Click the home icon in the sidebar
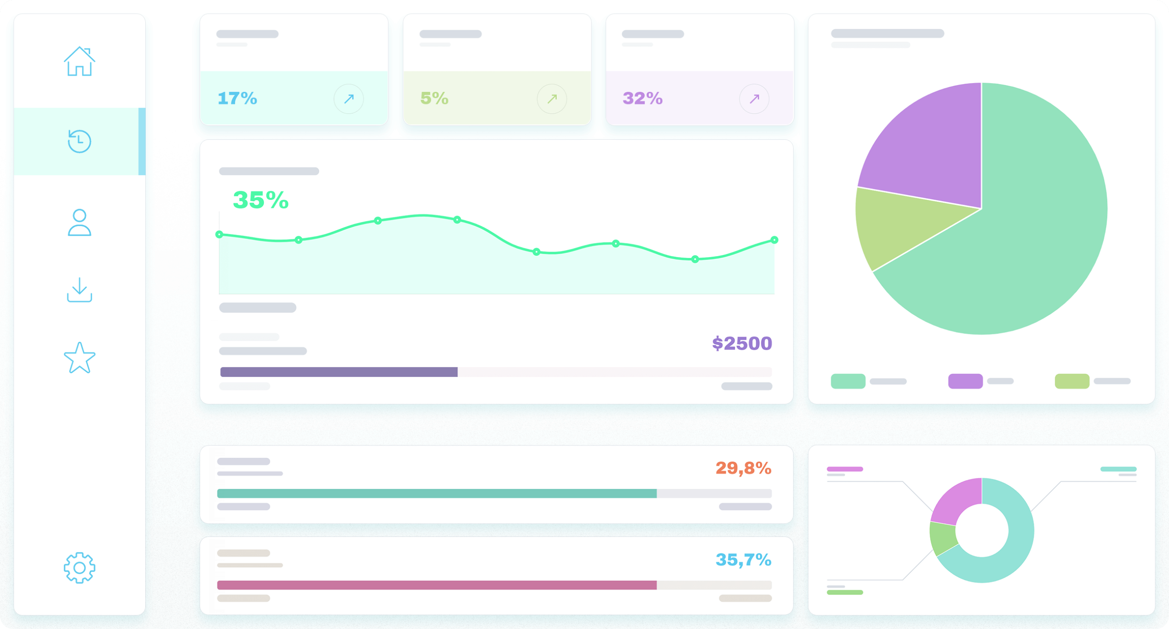tap(79, 62)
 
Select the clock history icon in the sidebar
tap(79, 141)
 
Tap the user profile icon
tap(79, 223)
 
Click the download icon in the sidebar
tap(79, 290)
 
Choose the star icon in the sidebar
tap(79, 358)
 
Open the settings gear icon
tap(79, 568)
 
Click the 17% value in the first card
tap(237, 98)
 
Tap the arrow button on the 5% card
tap(552, 99)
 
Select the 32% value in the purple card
tap(642, 98)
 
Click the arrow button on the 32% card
tap(754, 99)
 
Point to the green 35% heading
tap(261, 200)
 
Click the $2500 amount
tap(742, 343)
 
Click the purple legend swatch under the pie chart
tap(965, 381)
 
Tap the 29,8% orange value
tap(743, 468)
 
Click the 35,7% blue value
tap(743, 560)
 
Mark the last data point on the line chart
tap(774, 240)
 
